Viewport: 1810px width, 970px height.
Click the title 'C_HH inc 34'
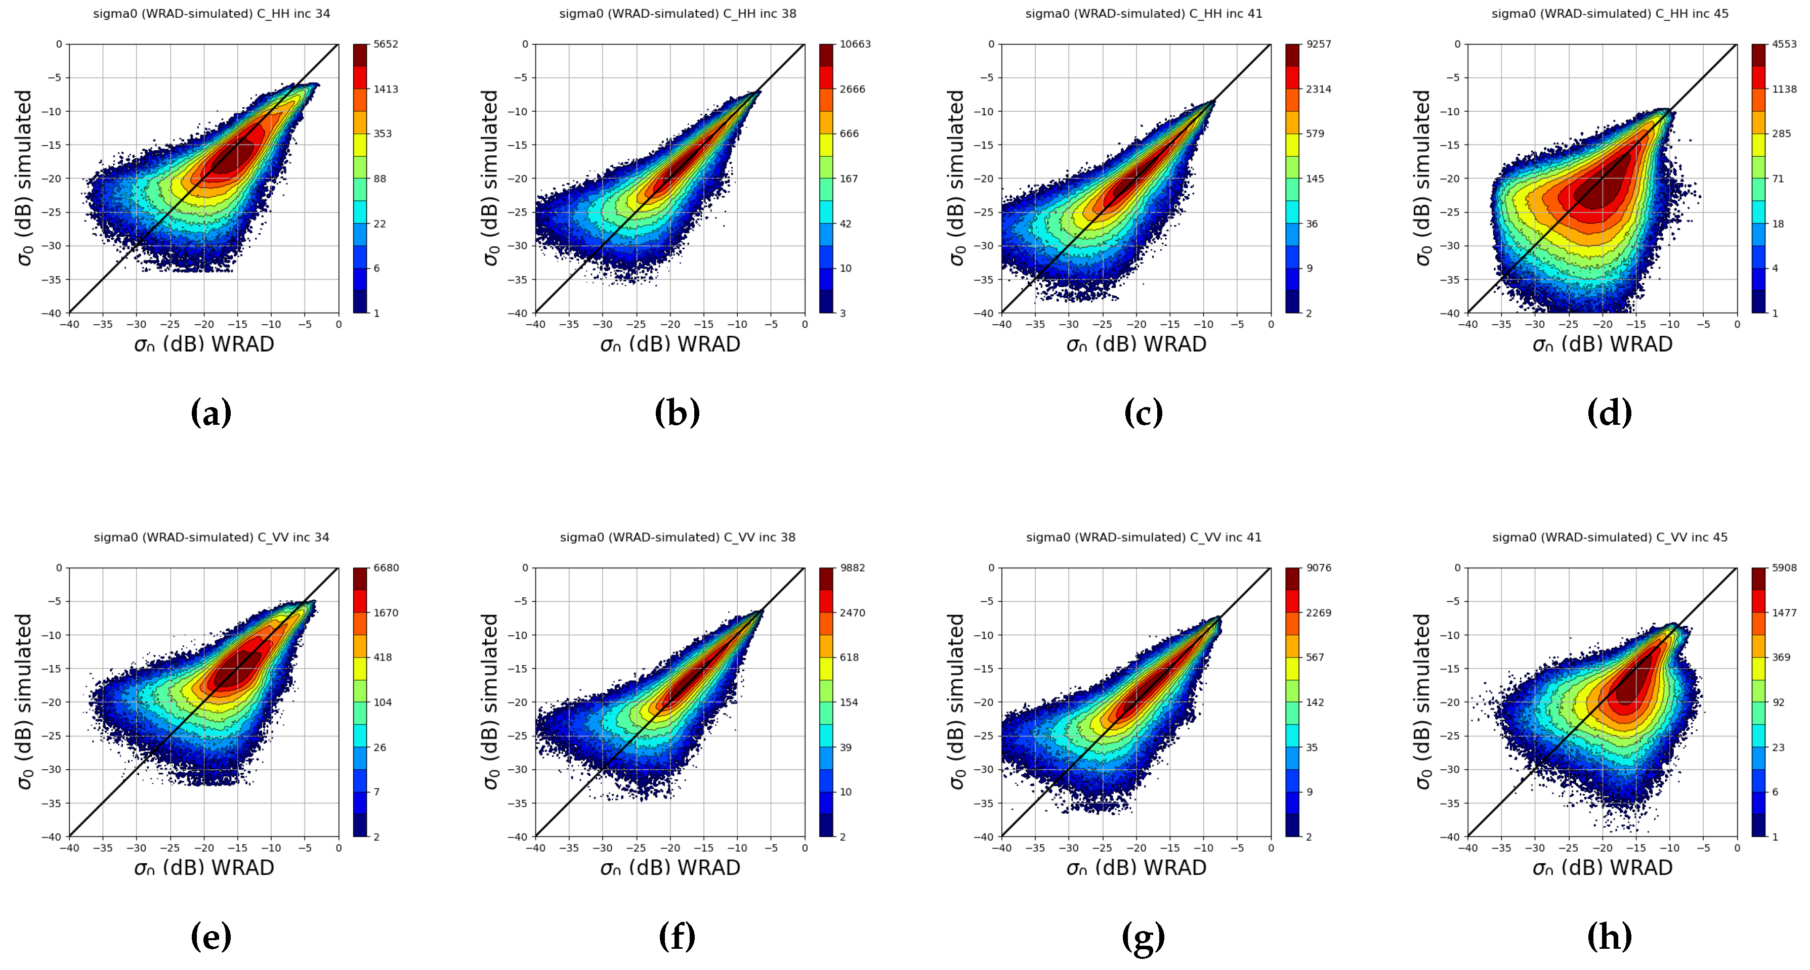[212, 13]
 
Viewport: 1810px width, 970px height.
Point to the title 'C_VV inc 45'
[1610, 537]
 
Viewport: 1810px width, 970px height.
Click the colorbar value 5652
[386, 44]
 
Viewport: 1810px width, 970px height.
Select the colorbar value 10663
[855, 44]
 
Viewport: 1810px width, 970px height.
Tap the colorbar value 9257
[1318, 44]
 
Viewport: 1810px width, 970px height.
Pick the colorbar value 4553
[1784, 44]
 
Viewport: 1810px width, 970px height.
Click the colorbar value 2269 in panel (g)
[1318, 612]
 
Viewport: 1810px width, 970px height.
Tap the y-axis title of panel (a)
[25, 178]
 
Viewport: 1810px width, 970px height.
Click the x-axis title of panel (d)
[1602, 344]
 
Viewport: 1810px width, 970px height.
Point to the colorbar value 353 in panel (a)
[382, 134]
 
